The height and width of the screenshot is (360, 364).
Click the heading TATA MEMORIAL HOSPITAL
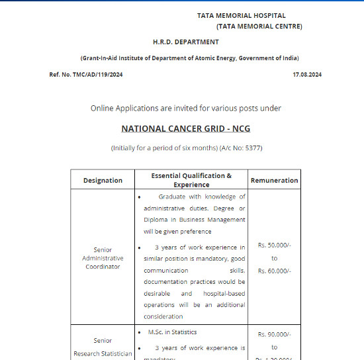click(241, 15)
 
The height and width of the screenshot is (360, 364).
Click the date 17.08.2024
click(307, 75)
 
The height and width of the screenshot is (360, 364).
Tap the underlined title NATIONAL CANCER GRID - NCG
click(186, 128)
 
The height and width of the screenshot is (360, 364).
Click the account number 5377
click(253, 148)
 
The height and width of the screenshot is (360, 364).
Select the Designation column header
click(103, 180)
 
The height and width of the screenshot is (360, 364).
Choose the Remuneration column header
click(274, 180)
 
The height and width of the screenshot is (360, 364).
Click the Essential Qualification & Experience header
click(191, 180)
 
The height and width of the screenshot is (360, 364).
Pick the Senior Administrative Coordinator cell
click(103, 258)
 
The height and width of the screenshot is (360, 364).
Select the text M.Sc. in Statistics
click(172, 332)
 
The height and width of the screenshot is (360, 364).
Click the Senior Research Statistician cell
click(103, 347)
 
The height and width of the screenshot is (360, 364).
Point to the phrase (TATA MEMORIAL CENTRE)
click(259, 26)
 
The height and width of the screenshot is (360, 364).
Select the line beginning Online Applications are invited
click(186, 108)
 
